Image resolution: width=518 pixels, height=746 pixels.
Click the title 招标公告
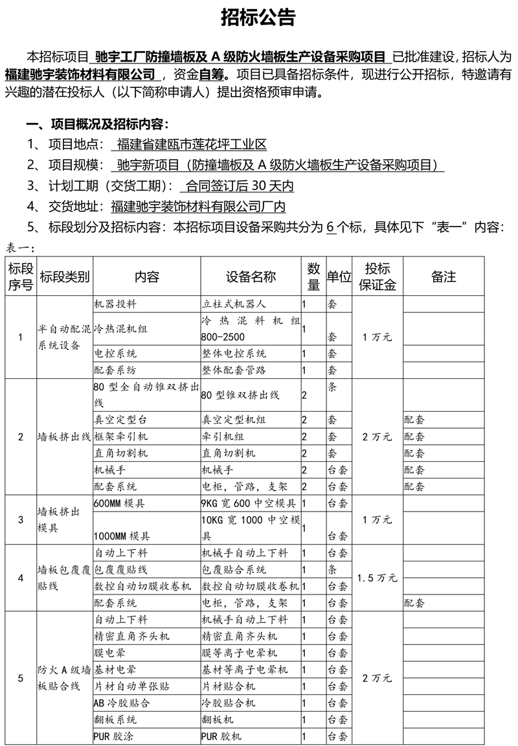[x=258, y=18]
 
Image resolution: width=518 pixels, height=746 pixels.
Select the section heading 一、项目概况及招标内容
[x=96, y=124]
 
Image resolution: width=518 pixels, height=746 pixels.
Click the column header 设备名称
[x=251, y=277]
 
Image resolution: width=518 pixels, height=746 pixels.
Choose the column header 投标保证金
[x=377, y=277]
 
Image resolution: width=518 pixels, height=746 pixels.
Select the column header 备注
[x=444, y=277]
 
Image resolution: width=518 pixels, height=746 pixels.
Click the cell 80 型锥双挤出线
[x=240, y=394]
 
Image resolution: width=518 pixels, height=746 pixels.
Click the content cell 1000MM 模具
[x=123, y=536]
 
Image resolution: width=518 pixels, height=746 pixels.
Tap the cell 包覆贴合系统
[x=234, y=570]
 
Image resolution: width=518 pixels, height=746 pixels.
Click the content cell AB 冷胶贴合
[x=123, y=703]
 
